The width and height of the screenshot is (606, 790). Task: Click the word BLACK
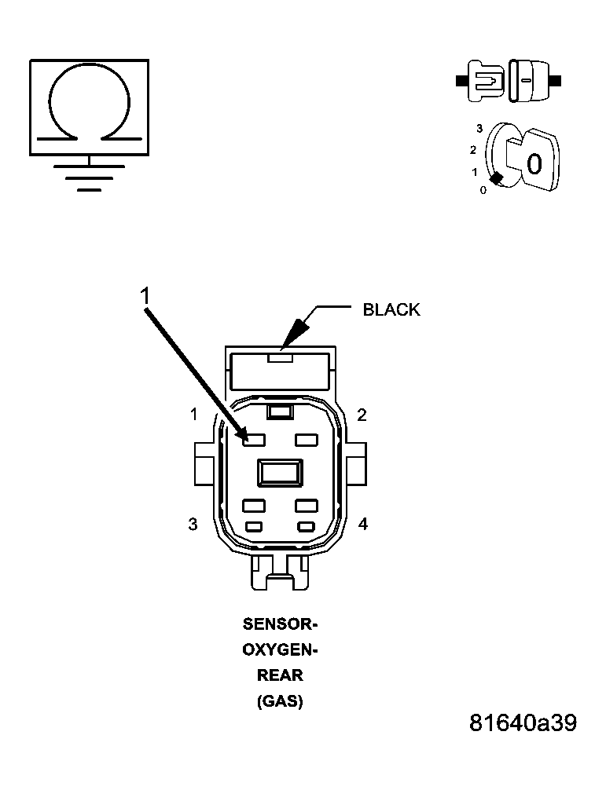pyautogui.click(x=391, y=309)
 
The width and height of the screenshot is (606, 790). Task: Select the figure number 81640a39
pyautogui.click(x=523, y=722)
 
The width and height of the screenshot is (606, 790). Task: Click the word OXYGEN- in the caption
pyautogui.click(x=279, y=650)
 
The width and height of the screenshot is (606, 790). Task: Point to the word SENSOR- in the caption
pyautogui.click(x=279, y=625)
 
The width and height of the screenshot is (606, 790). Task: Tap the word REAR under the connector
pyautogui.click(x=280, y=675)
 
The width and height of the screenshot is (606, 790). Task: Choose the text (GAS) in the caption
pyautogui.click(x=280, y=701)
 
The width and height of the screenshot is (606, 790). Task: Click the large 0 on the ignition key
pyautogui.click(x=534, y=164)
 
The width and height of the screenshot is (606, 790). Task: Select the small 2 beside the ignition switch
pyautogui.click(x=472, y=150)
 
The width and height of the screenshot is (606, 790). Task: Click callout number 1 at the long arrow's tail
pyautogui.click(x=145, y=296)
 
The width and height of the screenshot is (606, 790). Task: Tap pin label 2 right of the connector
pyautogui.click(x=362, y=415)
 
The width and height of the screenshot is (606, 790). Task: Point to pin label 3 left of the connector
pyautogui.click(x=193, y=524)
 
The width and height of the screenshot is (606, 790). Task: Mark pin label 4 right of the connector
pyautogui.click(x=362, y=524)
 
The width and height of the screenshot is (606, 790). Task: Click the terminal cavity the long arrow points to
pyautogui.click(x=253, y=441)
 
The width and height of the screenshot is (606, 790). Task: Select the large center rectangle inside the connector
pyautogui.click(x=280, y=472)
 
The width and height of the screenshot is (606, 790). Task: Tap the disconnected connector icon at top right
pyautogui.click(x=509, y=80)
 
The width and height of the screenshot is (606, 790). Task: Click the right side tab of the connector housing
pyautogui.click(x=356, y=463)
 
